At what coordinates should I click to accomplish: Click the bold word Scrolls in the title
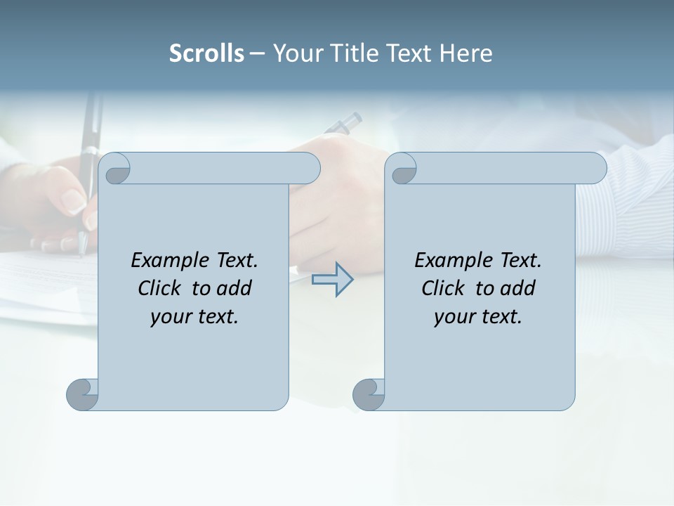tap(207, 53)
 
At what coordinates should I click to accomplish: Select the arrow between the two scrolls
tap(332, 279)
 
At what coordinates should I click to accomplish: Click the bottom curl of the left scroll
tap(82, 394)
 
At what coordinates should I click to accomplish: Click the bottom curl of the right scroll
tap(368, 394)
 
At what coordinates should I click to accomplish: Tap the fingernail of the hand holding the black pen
tap(74, 201)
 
